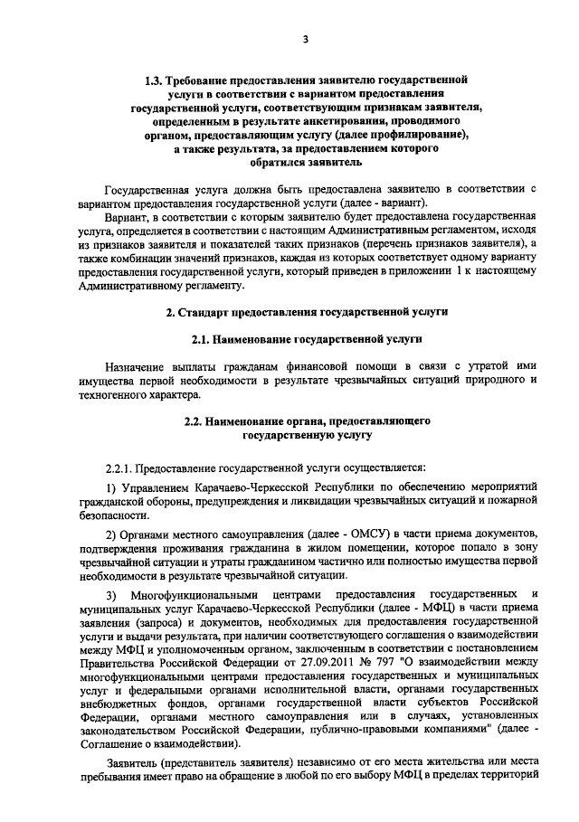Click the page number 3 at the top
pyautogui.click(x=306, y=38)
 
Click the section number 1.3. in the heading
pyautogui.click(x=153, y=80)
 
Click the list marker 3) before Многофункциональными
pyautogui.click(x=111, y=594)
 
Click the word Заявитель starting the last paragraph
pyautogui.click(x=130, y=763)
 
